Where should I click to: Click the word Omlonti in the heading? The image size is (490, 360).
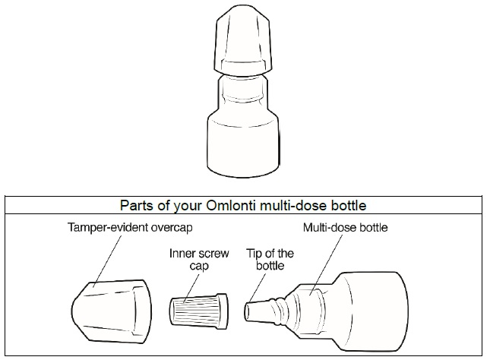point(231,206)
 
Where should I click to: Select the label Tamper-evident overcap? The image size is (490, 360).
point(130,228)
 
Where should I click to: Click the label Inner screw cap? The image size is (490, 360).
point(199,260)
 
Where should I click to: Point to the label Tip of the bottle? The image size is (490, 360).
point(270,260)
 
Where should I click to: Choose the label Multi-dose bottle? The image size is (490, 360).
point(346,228)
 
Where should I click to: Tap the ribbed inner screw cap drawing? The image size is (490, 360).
point(199,311)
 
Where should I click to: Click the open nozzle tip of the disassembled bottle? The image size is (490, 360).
point(248,311)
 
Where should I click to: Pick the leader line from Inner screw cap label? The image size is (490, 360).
point(191,288)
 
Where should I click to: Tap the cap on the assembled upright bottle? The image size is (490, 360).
point(242,40)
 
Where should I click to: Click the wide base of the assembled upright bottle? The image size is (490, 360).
point(243,144)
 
